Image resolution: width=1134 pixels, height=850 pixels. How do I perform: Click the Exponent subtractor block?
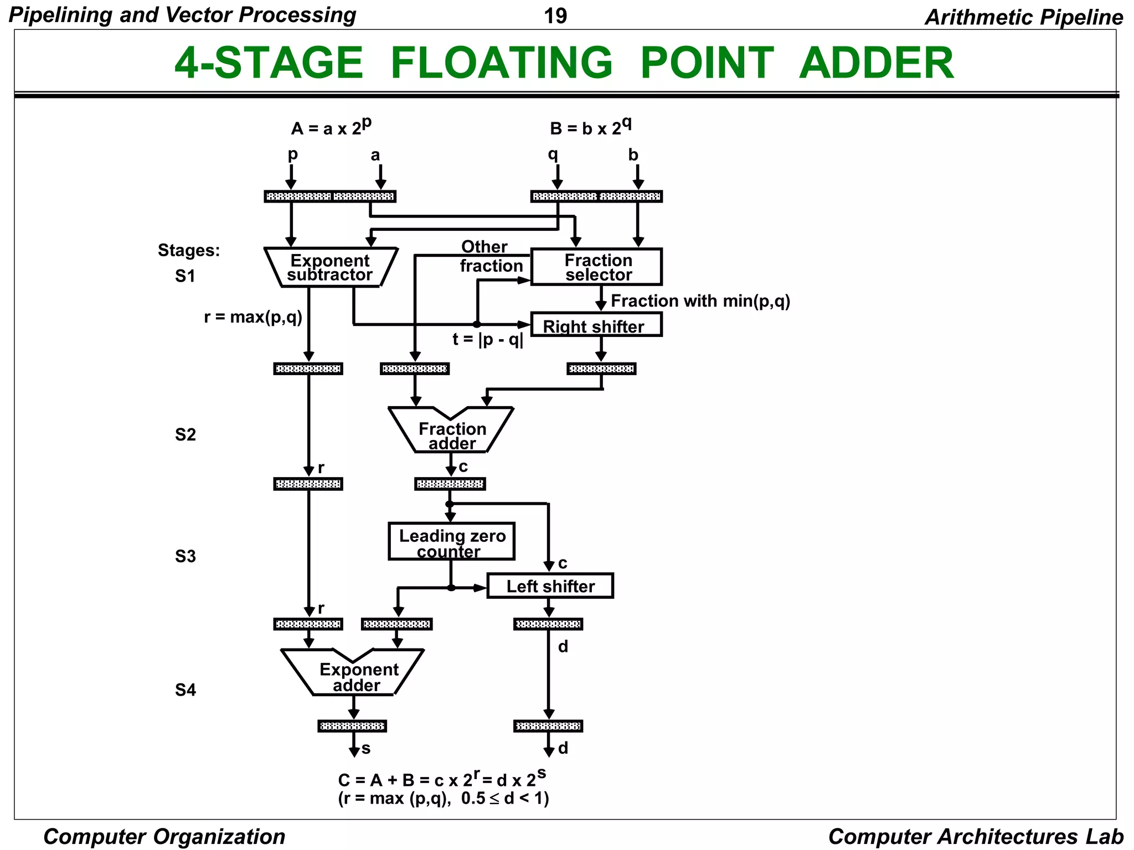(330, 267)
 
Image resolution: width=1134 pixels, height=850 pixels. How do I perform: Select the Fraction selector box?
(596, 267)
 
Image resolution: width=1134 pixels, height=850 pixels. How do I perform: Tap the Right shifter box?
(596, 325)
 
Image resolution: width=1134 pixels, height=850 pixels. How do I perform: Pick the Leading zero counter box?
(451, 542)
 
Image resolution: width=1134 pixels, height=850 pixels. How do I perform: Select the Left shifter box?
(550, 586)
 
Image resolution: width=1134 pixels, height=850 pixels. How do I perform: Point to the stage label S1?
(185, 276)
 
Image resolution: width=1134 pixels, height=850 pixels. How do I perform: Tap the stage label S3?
(185, 556)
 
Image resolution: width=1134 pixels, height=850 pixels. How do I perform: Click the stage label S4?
(185, 690)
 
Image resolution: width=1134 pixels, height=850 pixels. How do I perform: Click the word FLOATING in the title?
(501, 63)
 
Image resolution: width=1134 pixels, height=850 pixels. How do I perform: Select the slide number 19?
(555, 16)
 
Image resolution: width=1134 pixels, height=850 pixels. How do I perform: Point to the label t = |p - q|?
(487, 339)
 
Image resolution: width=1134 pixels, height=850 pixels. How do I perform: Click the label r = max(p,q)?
(253, 317)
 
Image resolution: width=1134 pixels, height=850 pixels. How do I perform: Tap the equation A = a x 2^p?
(331, 127)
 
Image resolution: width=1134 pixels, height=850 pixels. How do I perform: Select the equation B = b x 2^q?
(590, 127)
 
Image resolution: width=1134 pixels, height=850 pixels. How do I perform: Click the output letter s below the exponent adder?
(366, 749)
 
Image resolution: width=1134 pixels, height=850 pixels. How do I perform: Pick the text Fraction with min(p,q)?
(700, 301)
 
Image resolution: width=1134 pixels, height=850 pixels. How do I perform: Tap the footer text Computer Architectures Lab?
(975, 836)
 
